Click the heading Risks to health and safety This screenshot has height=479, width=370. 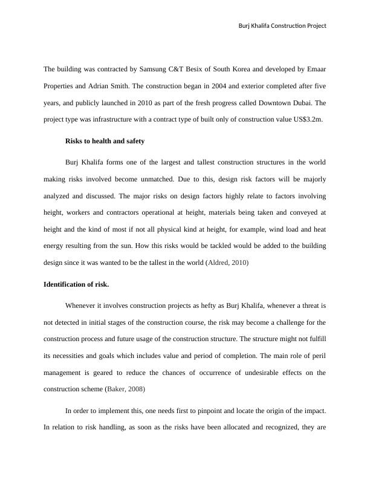coord(104,141)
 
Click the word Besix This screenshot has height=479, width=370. coord(192,70)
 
